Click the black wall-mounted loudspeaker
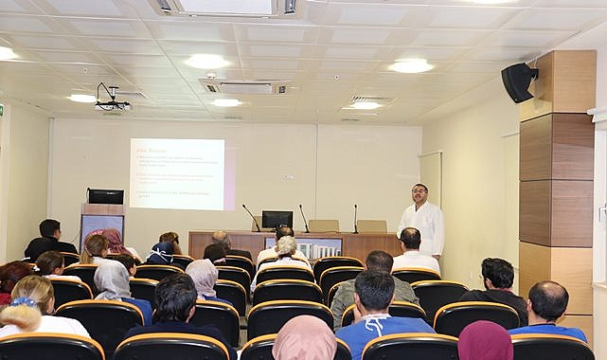pyautogui.click(x=518, y=82)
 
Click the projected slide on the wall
pyautogui.click(x=177, y=173)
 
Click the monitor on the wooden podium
pyautogui.click(x=105, y=196)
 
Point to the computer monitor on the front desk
pyautogui.click(x=277, y=220)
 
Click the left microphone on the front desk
pyautogui.click(x=251, y=217)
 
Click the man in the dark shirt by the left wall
pyautogui.click(x=49, y=238)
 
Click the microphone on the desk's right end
pyautogui.click(x=355, y=218)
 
